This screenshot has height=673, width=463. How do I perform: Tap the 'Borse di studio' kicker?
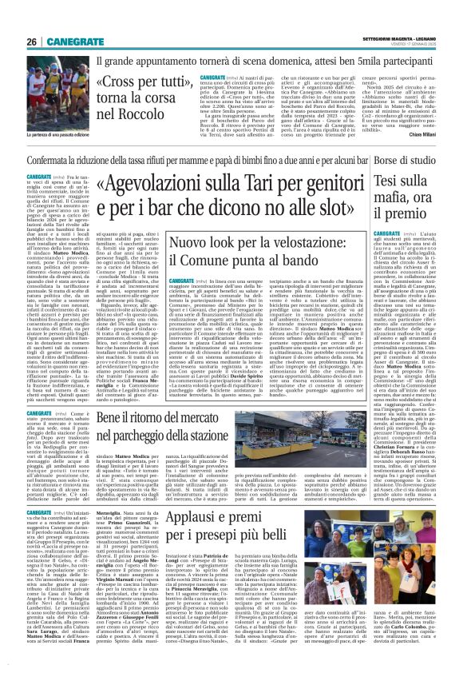pos(418,160)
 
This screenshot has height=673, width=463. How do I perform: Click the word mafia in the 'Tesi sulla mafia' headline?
pos(408,196)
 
